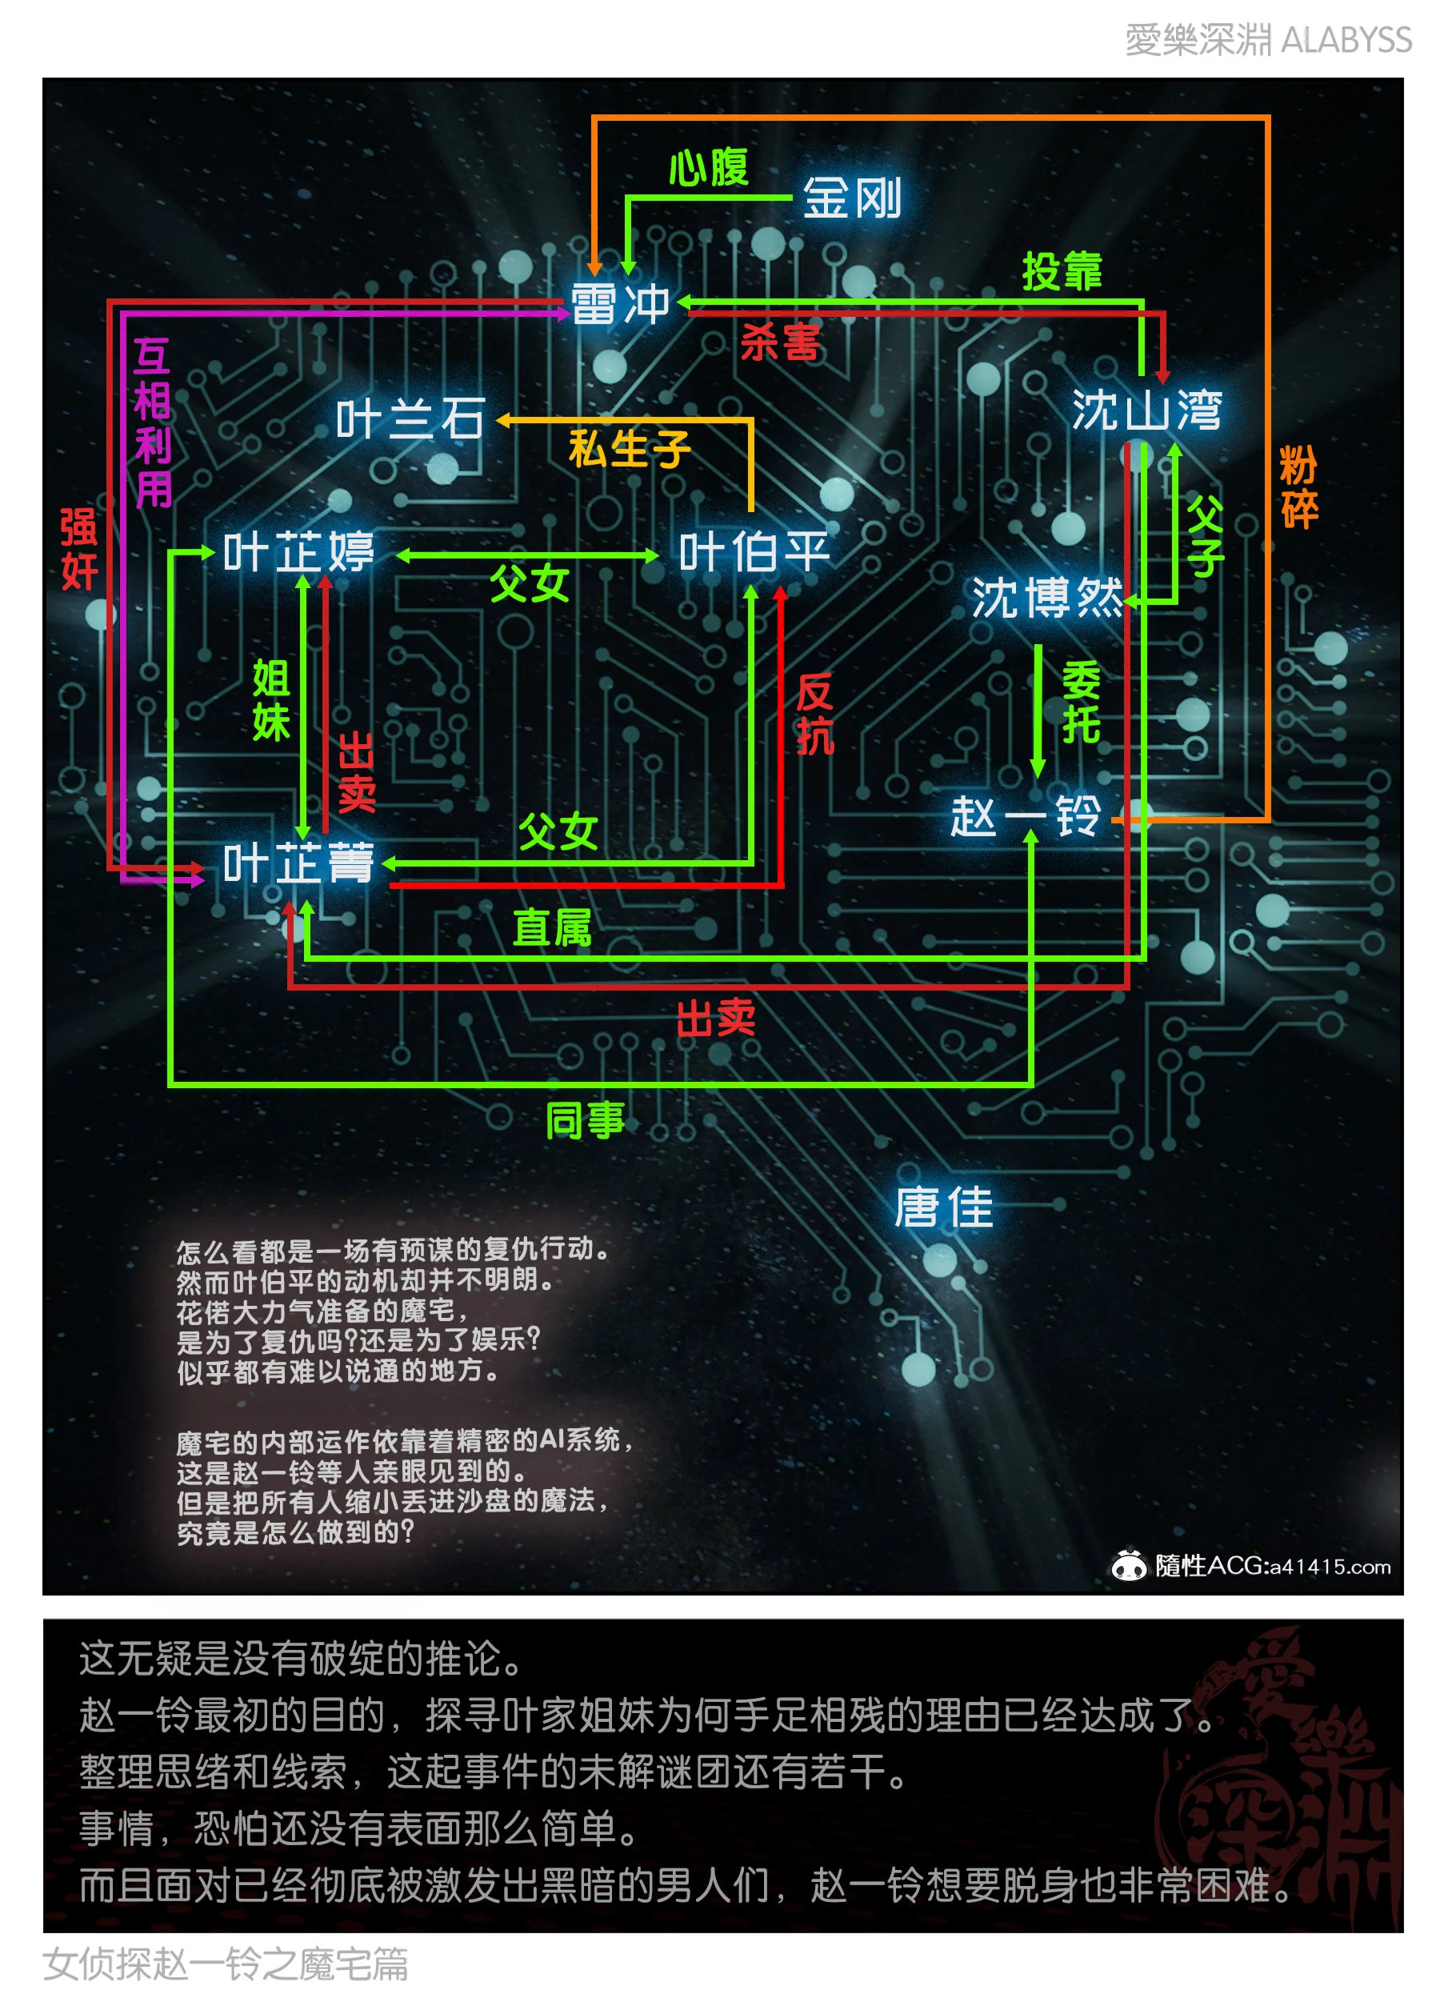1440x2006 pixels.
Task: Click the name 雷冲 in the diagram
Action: pos(620,303)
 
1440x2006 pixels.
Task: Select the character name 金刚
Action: pos(852,196)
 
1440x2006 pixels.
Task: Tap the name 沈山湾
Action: pos(1146,410)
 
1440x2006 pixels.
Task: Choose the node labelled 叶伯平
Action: pos(754,552)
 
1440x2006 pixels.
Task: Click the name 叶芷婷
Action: pos(299,552)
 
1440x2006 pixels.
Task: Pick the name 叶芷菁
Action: pos(299,863)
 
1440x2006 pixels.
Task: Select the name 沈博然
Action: pos(1047,597)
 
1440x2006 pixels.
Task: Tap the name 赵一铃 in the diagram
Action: pos(1026,815)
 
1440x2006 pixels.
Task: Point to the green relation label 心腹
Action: pos(709,167)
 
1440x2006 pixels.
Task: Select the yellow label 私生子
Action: pos(629,448)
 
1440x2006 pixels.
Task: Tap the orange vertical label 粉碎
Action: pos(1298,486)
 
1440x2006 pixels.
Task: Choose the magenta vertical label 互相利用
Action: pos(152,422)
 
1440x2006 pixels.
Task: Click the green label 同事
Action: pos(585,1119)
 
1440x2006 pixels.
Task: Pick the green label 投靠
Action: pos(1062,270)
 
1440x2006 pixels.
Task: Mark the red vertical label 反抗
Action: pos(814,714)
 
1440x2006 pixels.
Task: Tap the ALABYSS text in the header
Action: pos(1346,40)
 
